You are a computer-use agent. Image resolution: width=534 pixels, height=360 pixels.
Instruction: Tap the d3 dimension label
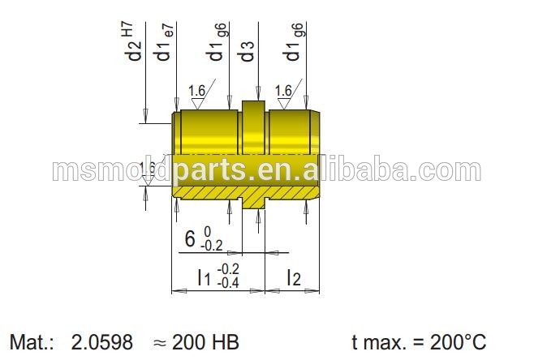point(248,51)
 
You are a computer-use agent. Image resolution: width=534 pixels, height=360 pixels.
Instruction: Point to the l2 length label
point(293,278)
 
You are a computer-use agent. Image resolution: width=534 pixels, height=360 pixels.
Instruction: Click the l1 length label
point(205,277)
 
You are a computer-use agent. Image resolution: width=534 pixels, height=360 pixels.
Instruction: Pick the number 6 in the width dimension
point(190,238)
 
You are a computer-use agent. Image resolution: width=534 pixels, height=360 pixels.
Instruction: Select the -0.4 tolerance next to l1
point(228,282)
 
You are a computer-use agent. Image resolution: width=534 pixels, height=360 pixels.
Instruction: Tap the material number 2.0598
point(101,342)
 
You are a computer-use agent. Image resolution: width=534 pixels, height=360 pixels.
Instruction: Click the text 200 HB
point(205,342)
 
